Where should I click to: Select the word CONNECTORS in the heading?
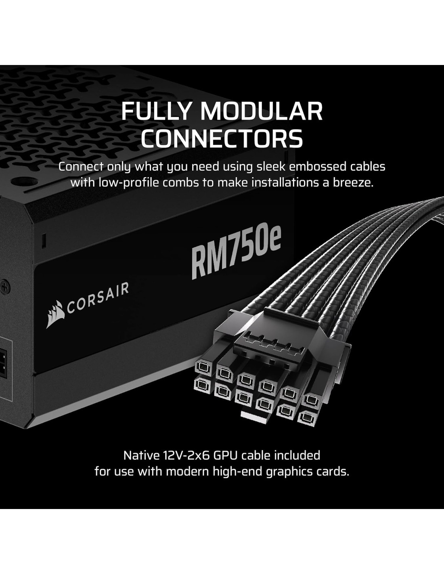[222, 138]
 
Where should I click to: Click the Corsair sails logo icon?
[55, 314]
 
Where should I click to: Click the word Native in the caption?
[141, 455]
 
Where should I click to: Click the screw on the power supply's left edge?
[5, 287]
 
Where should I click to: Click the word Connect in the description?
[81, 166]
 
